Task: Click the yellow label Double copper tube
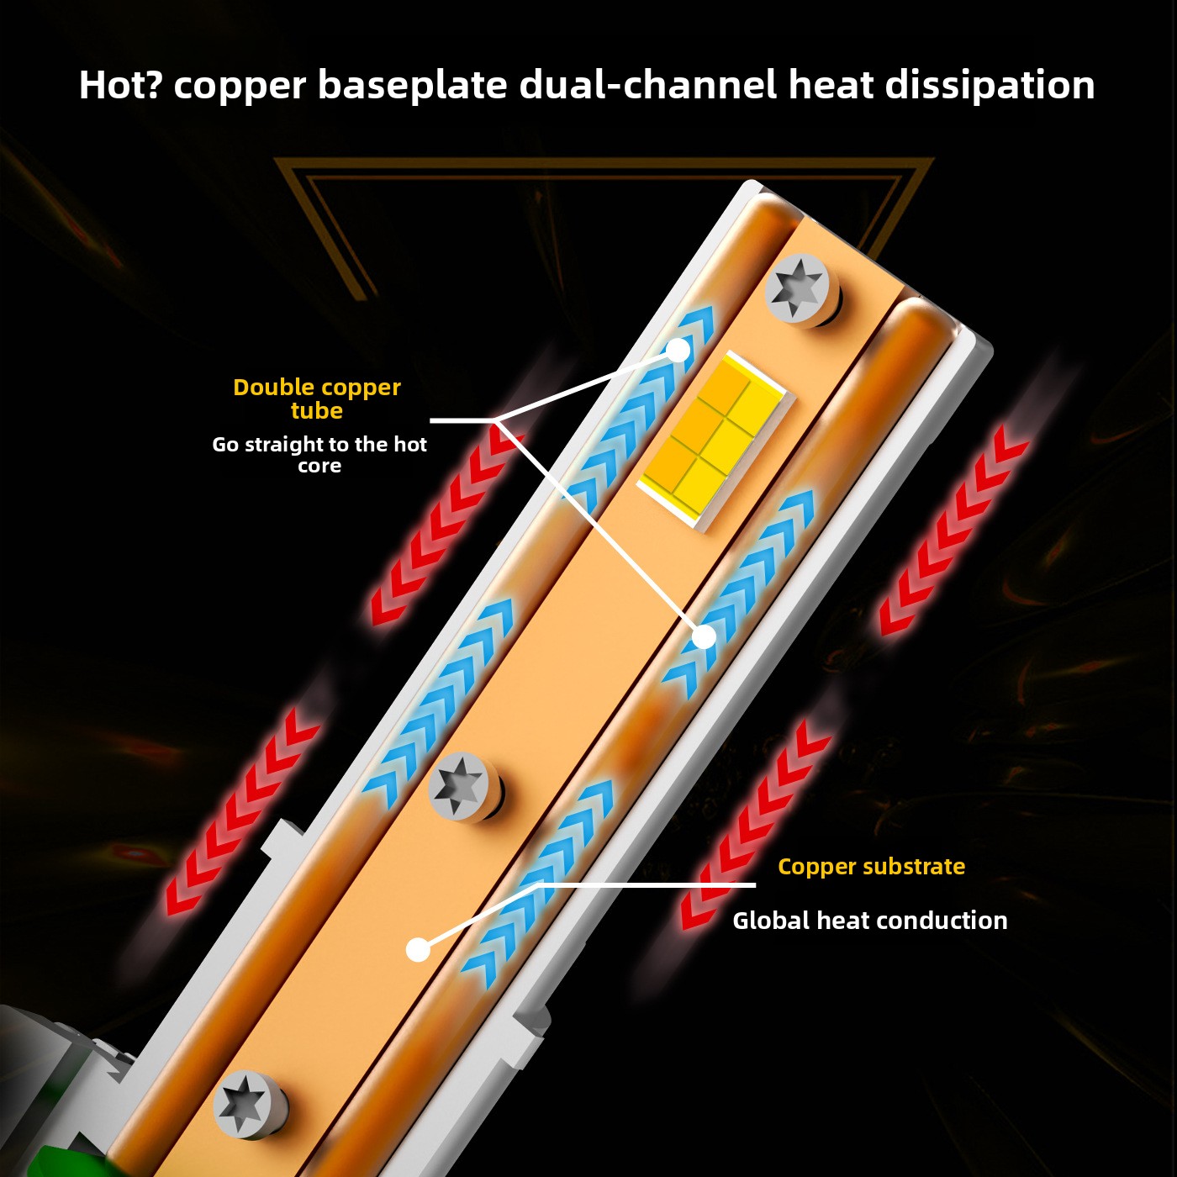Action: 317,398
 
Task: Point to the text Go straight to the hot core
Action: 319,455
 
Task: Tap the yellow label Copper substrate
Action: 872,867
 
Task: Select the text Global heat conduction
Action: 870,921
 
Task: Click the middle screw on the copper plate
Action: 462,786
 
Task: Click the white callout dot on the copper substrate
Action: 418,949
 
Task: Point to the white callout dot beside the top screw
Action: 678,350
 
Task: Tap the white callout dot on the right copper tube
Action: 705,636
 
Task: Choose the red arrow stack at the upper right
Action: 954,529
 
